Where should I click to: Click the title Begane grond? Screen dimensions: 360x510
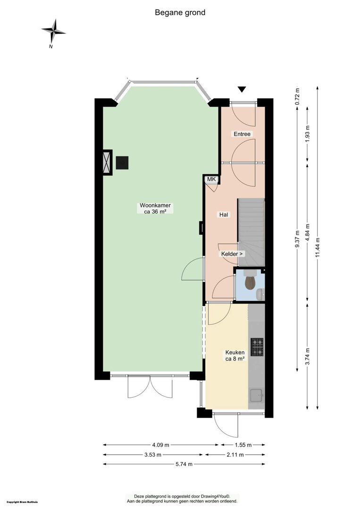[180, 13]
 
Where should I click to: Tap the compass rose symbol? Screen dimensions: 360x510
[54, 32]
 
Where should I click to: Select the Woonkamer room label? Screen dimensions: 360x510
[155, 208]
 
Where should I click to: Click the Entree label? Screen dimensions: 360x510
[242, 134]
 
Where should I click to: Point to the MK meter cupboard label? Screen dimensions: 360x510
[211, 179]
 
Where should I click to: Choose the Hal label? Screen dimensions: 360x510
[224, 215]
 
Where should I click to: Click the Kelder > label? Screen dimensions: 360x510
[232, 254]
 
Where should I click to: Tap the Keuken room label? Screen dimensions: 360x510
[235, 356]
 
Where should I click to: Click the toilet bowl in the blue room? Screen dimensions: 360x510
[250, 282]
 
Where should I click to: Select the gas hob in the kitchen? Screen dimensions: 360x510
[257, 347]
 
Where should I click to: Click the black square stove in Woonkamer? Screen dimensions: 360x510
[122, 163]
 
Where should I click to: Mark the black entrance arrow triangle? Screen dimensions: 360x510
[242, 89]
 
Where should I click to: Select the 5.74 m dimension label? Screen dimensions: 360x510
[184, 464]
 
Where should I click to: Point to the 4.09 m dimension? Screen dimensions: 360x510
[161, 445]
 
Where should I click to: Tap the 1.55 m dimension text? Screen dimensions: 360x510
[243, 445]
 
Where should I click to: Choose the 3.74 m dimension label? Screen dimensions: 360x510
[308, 357]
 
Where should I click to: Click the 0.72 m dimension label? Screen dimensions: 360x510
[297, 96]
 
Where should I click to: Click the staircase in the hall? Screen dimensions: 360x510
[251, 232]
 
